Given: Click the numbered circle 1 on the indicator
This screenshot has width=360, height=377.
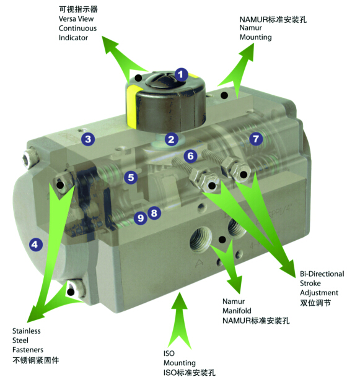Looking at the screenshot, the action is pyautogui.click(x=181, y=74).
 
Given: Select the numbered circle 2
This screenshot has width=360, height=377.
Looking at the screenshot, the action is pyautogui.click(x=172, y=139).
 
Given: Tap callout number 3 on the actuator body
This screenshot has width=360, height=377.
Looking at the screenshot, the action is pyautogui.click(x=88, y=139).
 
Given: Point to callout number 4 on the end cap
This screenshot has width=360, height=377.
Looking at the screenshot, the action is pyautogui.click(x=36, y=245).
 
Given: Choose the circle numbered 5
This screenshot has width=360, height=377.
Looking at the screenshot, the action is pyautogui.click(x=131, y=178).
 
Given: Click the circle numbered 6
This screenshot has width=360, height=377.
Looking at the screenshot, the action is pyautogui.click(x=190, y=156).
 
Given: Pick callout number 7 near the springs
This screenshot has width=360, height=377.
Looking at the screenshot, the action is pyautogui.click(x=256, y=139).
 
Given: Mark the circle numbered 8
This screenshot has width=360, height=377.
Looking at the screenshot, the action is pyautogui.click(x=154, y=213).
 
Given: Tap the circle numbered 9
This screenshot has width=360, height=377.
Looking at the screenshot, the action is pyautogui.click(x=141, y=218).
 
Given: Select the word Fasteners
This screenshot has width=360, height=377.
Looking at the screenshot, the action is pyautogui.click(x=28, y=350).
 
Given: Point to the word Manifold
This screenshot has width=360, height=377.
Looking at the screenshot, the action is pyautogui.click(x=237, y=311).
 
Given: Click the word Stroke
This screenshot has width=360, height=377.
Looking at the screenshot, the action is pyautogui.click(x=310, y=284).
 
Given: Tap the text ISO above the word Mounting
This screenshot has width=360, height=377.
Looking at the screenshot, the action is pyautogui.click(x=169, y=353).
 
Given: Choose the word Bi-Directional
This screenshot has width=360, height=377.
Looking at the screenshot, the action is pyautogui.click(x=322, y=274).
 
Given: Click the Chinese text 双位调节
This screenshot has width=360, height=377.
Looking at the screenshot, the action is pyautogui.click(x=315, y=303).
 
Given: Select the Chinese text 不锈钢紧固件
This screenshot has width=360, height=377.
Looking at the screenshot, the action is pyautogui.click(x=35, y=360).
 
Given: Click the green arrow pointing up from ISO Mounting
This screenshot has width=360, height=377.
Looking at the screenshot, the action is pyautogui.click(x=179, y=321).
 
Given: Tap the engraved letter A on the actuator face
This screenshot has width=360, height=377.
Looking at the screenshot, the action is pyautogui.click(x=199, y=263).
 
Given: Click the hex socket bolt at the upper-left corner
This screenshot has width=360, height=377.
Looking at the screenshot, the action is pyautogui.click(x=30, y=158).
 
